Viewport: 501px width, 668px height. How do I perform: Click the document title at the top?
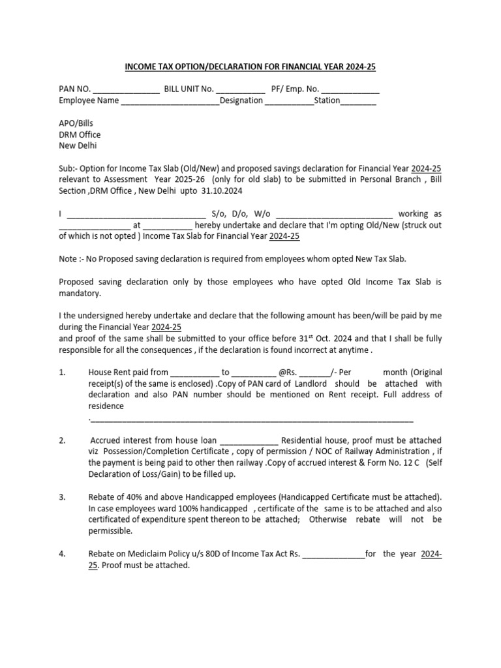point(250,67)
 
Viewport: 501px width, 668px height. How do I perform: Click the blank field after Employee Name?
point(170,101)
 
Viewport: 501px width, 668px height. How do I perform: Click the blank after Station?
point(357,101)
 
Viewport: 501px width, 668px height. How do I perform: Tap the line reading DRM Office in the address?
point(80,135)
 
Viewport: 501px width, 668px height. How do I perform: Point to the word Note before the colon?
point(67,259)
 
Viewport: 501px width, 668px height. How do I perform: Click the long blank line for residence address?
point(251,418)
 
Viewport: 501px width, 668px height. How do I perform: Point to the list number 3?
point(62,497)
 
